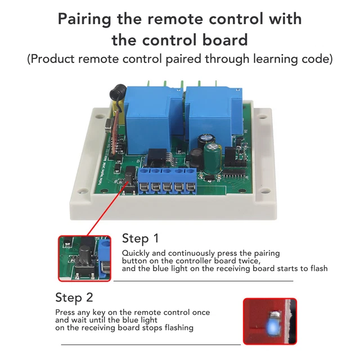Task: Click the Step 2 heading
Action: (74, 297)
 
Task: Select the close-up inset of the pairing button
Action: (85, 258)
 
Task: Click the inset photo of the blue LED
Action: (269, 321)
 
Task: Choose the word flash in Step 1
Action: (318, 268)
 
